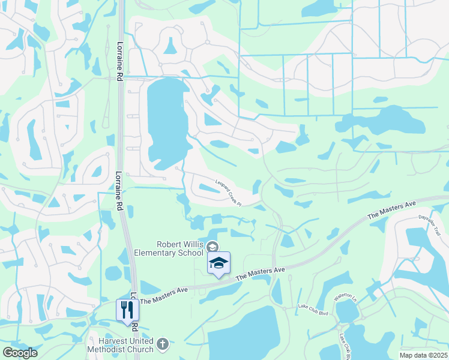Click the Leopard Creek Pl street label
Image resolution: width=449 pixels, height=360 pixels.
228,193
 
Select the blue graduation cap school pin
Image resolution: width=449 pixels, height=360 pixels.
218,263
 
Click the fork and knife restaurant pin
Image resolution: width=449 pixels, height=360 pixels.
127,310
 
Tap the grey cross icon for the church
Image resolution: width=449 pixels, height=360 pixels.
163,344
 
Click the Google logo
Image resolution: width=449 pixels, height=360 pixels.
20,353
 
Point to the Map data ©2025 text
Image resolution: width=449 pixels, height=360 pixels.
423,355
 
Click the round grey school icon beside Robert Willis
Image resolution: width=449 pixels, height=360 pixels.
212,246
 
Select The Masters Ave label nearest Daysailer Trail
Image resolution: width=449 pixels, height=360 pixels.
391,210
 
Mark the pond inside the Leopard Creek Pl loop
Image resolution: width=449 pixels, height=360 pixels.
209,188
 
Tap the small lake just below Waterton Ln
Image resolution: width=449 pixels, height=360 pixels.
347,311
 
